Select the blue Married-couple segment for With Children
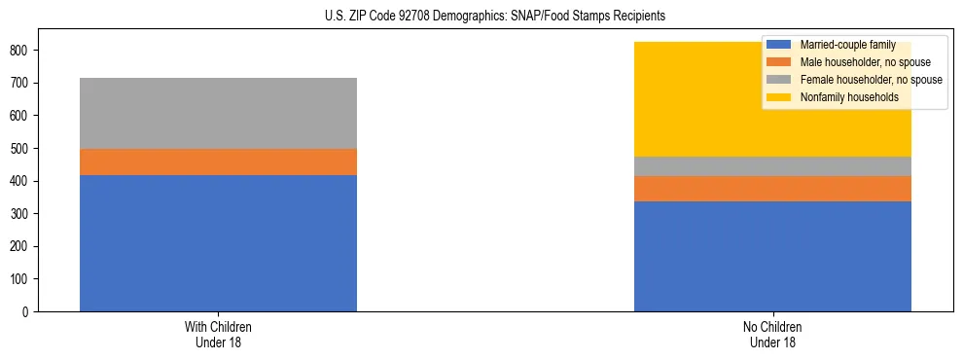(218, 243)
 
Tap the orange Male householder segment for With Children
(218, 162)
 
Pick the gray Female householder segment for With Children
(218, 113)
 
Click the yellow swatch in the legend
(779, 97)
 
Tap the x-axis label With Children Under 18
(218, 334)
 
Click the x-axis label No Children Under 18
(772, 334)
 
